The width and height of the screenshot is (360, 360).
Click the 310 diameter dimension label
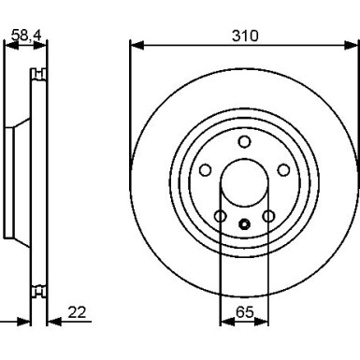tap(245, 36)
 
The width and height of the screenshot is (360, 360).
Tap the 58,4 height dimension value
tap(26, 35)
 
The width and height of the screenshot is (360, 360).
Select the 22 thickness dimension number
tap(77, 312)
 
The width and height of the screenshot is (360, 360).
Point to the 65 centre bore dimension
tap(245, 312)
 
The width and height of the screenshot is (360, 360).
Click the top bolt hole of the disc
tap(244, 141)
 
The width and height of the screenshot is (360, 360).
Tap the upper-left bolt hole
tap(205, 170)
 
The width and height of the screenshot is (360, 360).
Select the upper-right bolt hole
tap(283, 170)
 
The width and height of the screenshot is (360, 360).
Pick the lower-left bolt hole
tap(220, 216)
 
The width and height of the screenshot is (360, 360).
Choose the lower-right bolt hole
tap(268, 216)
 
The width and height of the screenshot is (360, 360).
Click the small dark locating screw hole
tap(244, 224)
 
